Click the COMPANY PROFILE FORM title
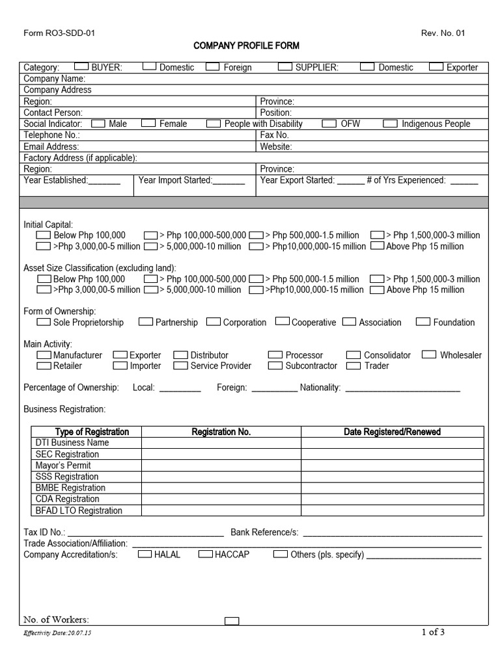(x=247, y=46)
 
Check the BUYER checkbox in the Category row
(x=82, y=66)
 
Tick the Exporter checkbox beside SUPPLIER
(x=437, y=66)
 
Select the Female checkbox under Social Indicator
(x=148, y=123)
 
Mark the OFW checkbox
(x=330, y=123)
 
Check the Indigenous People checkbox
(x=391, y=123)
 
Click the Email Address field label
(x=51, y=146)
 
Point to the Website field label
(x=276, y=146)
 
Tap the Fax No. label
(x=274, y=135)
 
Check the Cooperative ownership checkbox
(x=282, y=321)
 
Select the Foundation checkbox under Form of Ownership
(x=423, y=321)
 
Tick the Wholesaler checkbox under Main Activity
(x=429, y=354)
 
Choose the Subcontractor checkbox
(x=275, y=366)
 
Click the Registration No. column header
(x=221, y=432)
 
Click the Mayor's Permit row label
(x=63, y=465)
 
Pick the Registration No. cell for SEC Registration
(x=221, y=454)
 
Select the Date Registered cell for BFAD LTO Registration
(x=392, y=510)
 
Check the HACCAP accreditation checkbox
(x=205, y=554)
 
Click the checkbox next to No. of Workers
(x=232, y=621)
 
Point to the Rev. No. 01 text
(x=444, y=34)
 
